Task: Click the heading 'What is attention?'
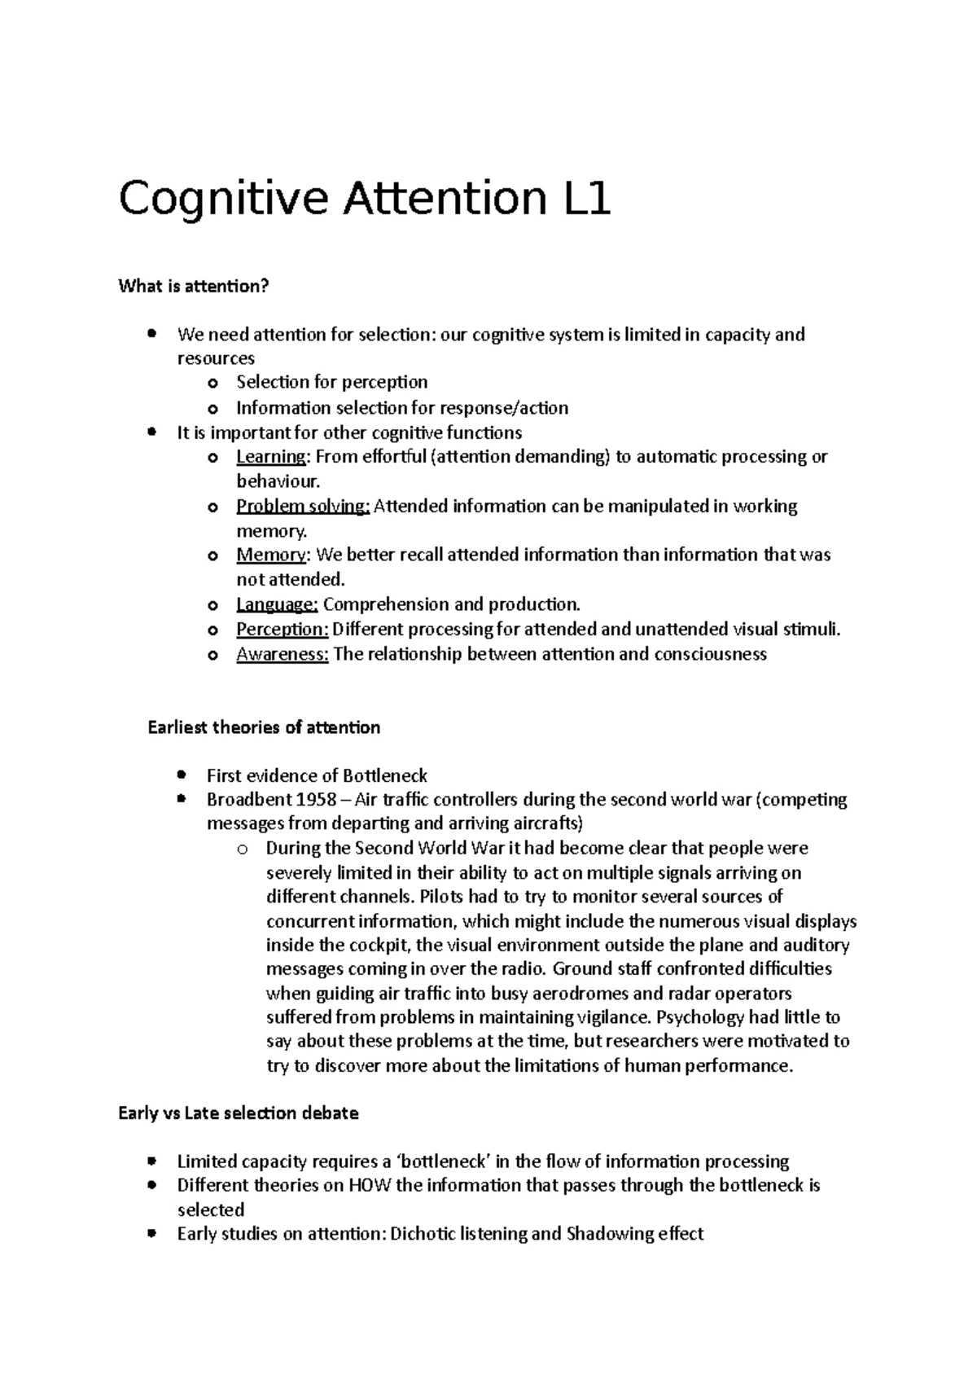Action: pyautogui.click(x=193, y=286)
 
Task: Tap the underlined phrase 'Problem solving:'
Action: pyautogui.click(x=303, y=507)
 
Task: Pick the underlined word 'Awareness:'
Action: pyautogui.click(x=282, y=655)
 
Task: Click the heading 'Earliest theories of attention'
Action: pyautogui.click(x=264, y=727)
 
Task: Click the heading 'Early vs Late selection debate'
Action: pyautogui.click(x=239, y=1113)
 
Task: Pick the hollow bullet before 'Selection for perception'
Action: pyautogui.click(x=212, y=384)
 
